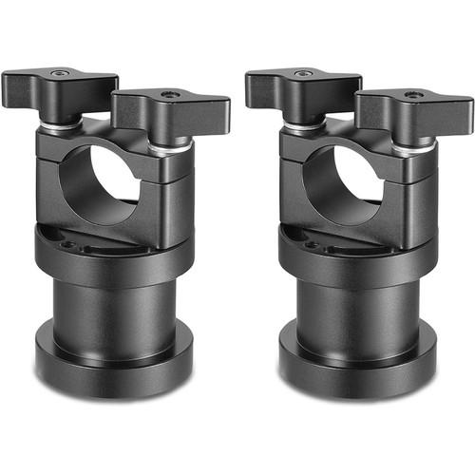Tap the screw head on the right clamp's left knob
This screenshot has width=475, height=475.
pos(304,73)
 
